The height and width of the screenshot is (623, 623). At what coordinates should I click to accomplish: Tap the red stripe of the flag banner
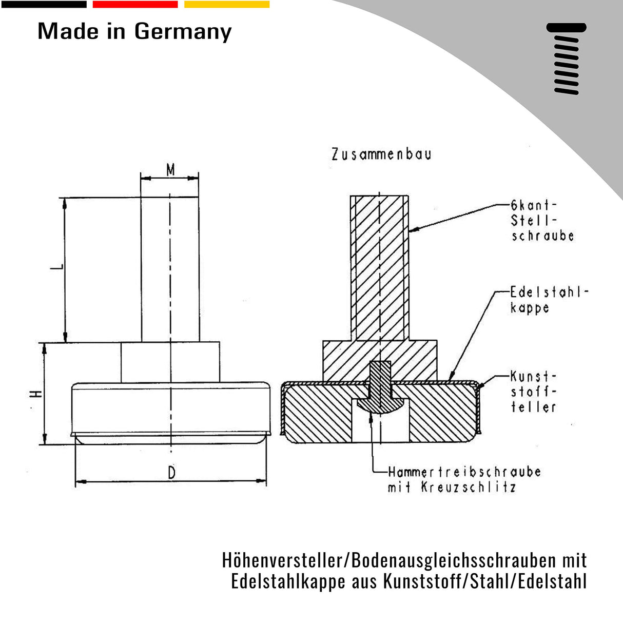click(x=135, y=4)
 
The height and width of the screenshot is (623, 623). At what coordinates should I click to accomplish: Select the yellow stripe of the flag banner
click(x=226, y=4)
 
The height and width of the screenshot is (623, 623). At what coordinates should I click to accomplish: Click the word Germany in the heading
click(x=183, y=32)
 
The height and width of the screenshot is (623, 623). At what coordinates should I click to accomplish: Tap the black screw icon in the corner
click(x=566, y=59)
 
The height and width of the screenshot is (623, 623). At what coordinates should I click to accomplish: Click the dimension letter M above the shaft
click(x=170, y=169)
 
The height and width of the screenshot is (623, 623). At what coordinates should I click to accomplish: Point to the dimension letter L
click(x=59, y=266)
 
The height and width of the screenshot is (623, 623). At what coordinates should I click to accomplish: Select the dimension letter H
click(x=36, y=394)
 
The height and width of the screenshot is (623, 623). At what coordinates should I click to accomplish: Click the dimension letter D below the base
click(x=171, y=473)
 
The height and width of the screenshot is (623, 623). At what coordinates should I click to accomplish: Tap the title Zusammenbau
click(x=381, y=154)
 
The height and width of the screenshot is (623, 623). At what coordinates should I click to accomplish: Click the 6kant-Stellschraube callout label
click(x=541, y=221)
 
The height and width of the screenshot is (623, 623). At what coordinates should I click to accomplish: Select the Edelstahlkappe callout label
click(x=548, y=300)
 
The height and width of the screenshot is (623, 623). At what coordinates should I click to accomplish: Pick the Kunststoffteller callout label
click(x=533, y=392)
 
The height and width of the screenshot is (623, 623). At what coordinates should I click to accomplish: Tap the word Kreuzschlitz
click(x=468, y=487)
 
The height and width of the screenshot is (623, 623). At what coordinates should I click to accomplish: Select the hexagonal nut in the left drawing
click(x=170, y=362)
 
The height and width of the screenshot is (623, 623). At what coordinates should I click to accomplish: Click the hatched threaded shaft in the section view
click(x=380, y=267)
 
